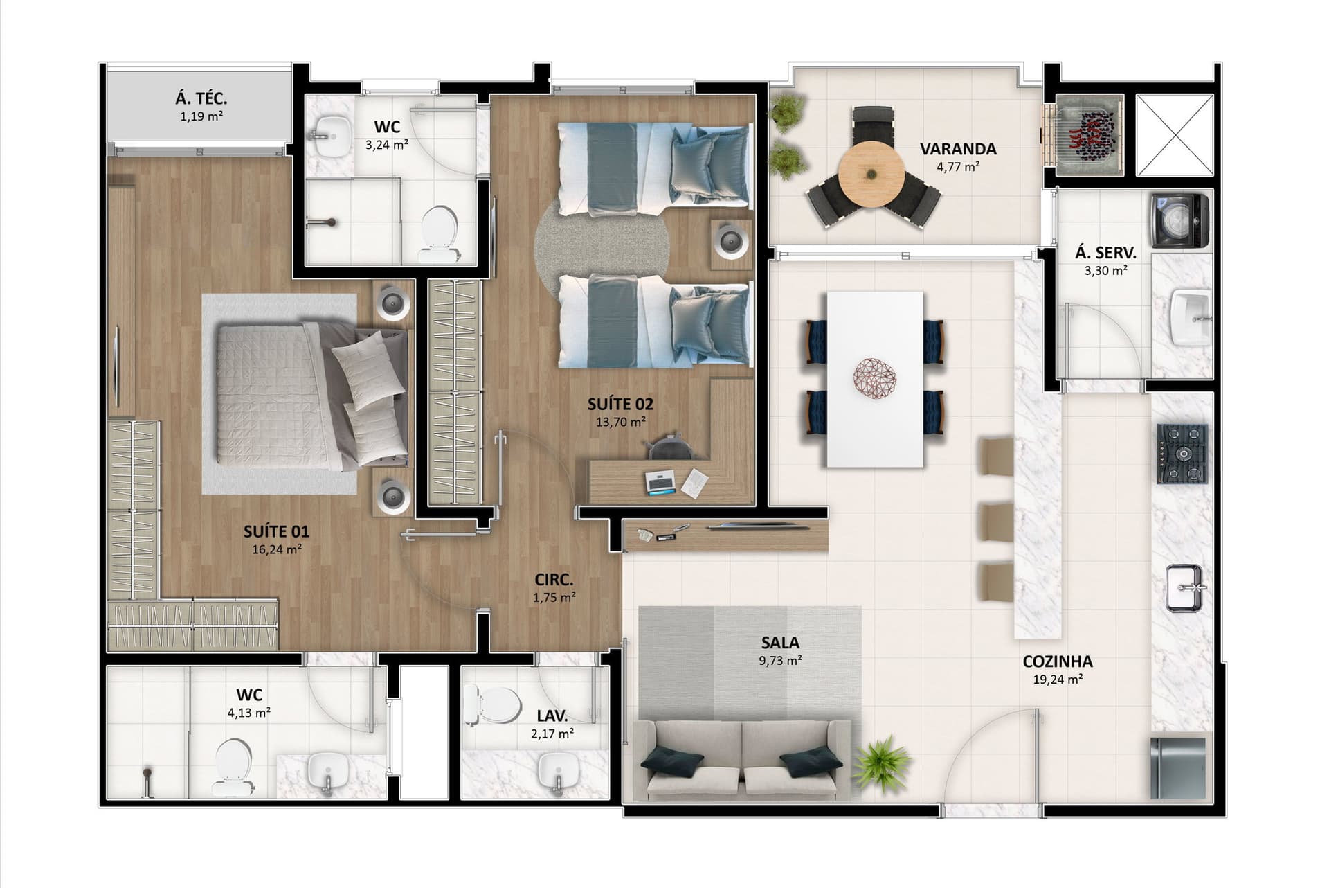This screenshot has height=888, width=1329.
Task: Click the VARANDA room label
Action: [x=957, y=149]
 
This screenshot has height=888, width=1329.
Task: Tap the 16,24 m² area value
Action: [x=276, y=550]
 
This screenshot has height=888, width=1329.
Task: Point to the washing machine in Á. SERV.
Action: [x=1180, y=221]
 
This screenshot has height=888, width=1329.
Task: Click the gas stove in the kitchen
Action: [x=1182, y=454]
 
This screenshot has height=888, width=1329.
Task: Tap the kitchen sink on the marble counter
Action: [x=1185, y=588]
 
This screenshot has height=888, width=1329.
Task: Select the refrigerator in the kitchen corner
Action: [x=1178, y=768]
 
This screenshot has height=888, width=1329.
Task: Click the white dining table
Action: [x=875, y=380]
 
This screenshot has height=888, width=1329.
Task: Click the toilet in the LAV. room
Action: [x=493, y=704]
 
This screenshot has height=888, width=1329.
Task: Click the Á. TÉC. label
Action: [x=201, y=99]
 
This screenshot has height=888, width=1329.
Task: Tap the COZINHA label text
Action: [x=1058, y=662]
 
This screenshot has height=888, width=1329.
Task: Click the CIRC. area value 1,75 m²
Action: [x=554, y=598]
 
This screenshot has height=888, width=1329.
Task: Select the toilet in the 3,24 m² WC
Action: [x=438, y=233]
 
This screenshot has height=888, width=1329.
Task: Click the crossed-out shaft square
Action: [x=1175, y=135]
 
